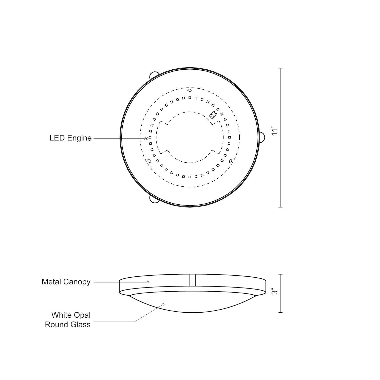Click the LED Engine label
[70, 138]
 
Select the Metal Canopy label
[66, 282]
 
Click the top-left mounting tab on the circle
[153, 75]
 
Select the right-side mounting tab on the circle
[262, 138]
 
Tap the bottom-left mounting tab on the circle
[153, 199]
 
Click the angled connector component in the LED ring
[212, 116]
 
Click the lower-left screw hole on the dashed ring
[149, 160]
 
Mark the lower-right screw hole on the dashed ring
[231, 160]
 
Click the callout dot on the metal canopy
[148, 282]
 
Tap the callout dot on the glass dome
[163, 304]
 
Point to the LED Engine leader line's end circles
[146, 139]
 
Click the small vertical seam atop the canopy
[193, 280]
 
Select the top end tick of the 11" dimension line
[280, 68]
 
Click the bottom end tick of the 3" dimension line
[280, 313]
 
